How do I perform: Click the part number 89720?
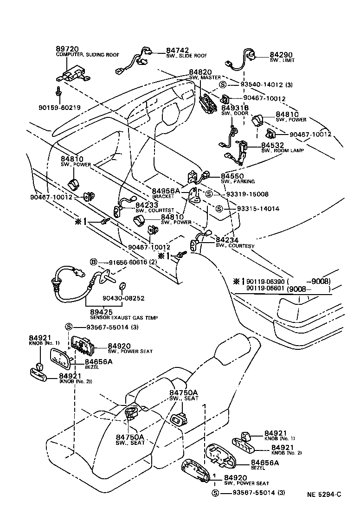[67, 48]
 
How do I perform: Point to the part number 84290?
[281, 54]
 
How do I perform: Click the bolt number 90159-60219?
[59, 108]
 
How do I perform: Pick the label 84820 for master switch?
[200, 72]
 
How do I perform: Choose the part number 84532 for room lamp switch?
[273, 145]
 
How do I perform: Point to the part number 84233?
[147, 205]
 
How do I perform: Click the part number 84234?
[227, 240]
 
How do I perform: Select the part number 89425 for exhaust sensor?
[97, 312]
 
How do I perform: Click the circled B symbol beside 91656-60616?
[93, 263]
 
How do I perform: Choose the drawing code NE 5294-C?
[323, 494]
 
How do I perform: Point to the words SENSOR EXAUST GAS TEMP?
[117, 318]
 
